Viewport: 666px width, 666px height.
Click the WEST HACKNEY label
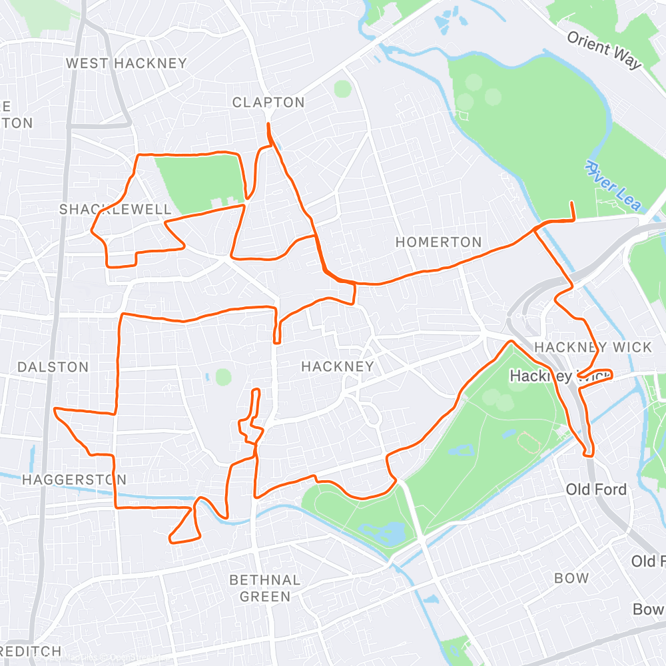[127, 63]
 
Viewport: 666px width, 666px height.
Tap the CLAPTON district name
[268, 103]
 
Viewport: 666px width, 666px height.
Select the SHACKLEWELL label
[115, 210]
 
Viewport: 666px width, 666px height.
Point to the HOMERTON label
[438, 242]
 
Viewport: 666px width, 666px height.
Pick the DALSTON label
[53, 367]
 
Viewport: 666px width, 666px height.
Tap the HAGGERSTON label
[74, 480]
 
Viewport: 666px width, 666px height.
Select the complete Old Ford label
[596, 490]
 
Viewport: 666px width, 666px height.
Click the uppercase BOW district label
[571, 578]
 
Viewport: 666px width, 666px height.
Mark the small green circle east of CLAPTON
[342, 89]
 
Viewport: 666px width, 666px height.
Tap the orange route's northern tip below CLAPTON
[268, 125]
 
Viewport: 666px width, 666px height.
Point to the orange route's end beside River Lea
[572, 202]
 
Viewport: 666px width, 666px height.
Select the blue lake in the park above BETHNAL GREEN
[383, 533]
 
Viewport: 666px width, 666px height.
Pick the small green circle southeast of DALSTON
[223, 377]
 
